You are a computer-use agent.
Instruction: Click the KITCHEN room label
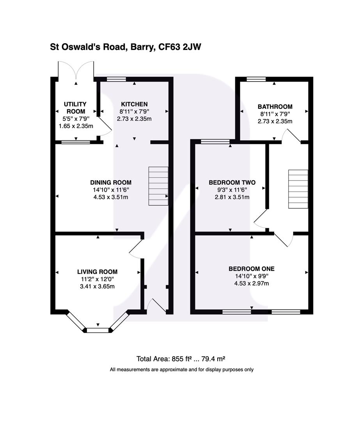[134, 104]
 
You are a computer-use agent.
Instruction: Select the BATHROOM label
[275, 106]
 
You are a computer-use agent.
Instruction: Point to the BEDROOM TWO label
[232, 182]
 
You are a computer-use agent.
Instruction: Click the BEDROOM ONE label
[251, 269]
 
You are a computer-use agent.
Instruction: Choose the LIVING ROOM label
[97, 272]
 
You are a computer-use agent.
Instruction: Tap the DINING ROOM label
[111, 182]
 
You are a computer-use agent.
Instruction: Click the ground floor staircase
[158, 186]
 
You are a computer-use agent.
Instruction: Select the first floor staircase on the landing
[298, 189]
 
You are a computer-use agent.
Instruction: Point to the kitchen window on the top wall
[117, 79]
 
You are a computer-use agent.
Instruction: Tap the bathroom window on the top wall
[256, 79]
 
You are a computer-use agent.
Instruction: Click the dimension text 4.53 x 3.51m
[111, 197]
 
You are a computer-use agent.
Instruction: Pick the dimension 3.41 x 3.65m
[97, 286]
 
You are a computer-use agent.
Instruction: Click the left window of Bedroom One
[236, 311]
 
